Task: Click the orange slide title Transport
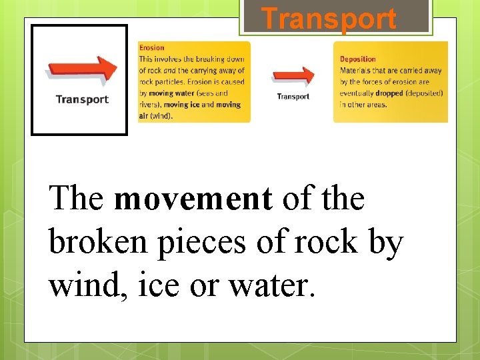tap(329, 19)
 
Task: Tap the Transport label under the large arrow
tap(81, 99)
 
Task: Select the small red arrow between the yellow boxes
tap(293, 76)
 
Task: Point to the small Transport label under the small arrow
tap(293, 97)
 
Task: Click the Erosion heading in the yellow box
tap(151, 48)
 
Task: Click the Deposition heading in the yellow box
tap(358, 59)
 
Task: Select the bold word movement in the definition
tap(193, 198)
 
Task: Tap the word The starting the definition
tap(76, 198)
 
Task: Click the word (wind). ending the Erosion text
tap(161, 116)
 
